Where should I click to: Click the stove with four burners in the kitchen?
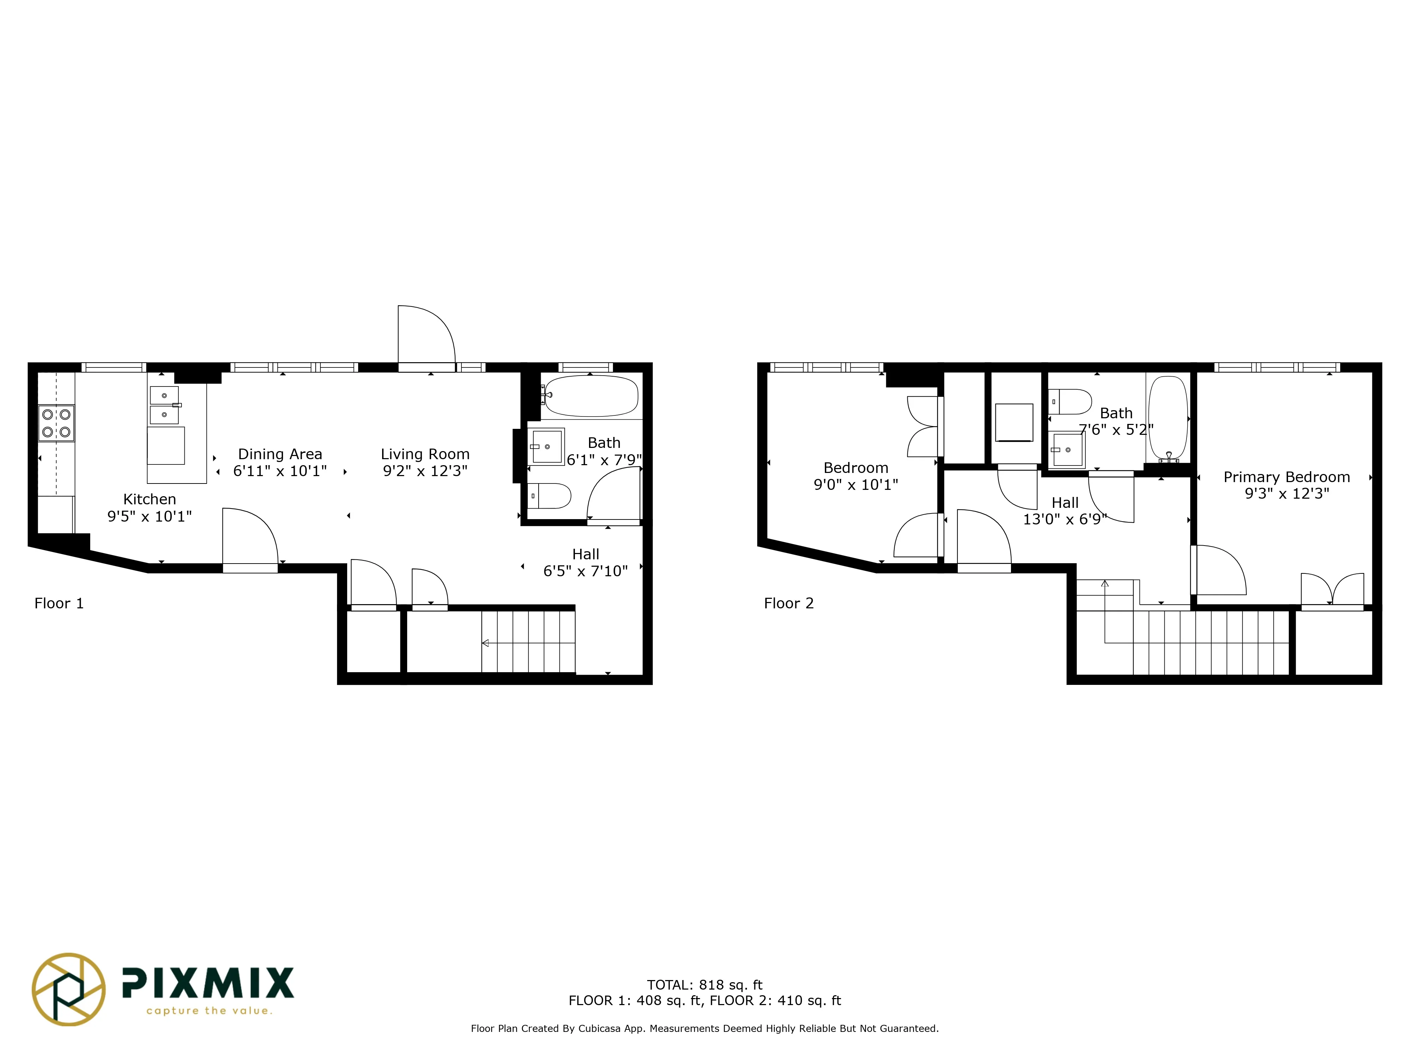56,423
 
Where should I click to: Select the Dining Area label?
280,454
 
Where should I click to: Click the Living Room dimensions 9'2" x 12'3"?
425,471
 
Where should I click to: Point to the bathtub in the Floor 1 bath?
591,395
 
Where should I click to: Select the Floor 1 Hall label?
585,554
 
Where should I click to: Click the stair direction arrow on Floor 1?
486,643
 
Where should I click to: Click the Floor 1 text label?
59,603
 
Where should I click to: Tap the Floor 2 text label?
789,603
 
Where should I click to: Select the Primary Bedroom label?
1286,477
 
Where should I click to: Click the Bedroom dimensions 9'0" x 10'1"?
856,485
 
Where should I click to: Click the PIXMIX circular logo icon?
69,989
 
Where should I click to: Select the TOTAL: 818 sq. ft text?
704,985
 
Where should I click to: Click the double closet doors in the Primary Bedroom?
1332,590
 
